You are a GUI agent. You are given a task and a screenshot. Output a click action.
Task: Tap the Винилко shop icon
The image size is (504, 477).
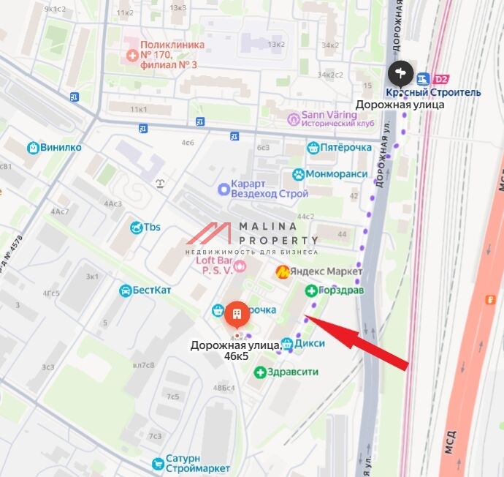point(33,148)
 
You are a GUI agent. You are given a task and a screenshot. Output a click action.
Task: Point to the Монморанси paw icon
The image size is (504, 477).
point(298,175)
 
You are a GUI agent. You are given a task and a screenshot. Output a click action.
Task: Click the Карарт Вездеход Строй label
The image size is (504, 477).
point(269,188)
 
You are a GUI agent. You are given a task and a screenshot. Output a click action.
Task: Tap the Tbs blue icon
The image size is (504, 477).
point(135,228)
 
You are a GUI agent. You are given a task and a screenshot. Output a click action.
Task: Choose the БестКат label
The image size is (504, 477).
point(153,290)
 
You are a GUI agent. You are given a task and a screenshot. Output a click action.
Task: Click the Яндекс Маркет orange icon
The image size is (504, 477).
point(281,272)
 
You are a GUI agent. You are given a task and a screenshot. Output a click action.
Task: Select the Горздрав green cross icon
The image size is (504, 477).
point(310,290)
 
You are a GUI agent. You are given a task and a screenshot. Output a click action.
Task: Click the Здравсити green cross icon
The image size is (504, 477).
point(259,372)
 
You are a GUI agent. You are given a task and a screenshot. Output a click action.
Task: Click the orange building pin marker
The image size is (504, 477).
point(235,315)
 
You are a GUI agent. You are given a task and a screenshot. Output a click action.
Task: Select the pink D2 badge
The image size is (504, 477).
point(441,79)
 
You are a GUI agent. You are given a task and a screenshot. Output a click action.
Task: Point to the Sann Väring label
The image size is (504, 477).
point(340,119)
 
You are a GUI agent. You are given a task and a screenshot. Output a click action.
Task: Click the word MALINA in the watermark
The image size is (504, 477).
point(268,227)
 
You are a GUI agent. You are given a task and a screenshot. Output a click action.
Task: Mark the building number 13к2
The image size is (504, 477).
point(276,44)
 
